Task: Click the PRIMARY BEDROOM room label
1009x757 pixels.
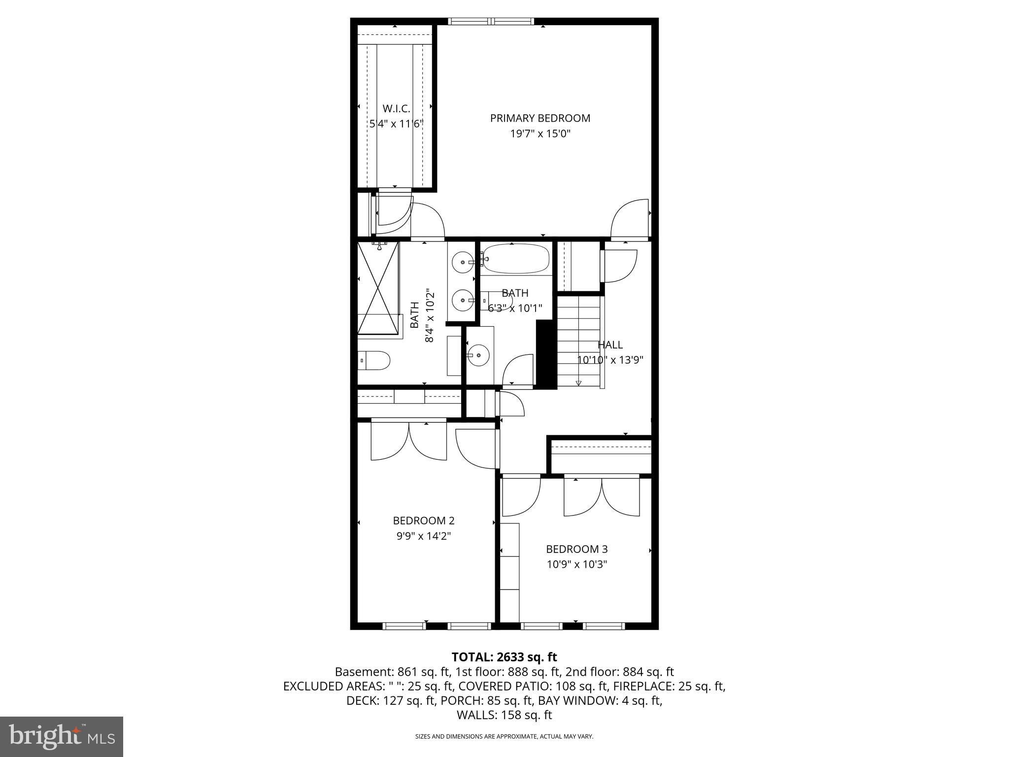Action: click(540, 118)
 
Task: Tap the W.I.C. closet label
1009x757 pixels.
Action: click(396, 108)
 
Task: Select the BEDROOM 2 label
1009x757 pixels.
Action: click(424, 520)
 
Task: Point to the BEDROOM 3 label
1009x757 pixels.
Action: click(576, 549)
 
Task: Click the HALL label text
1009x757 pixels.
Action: click(610, 345)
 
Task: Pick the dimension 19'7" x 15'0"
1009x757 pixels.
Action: click(540, 134)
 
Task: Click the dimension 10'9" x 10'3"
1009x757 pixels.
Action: click(576, 564)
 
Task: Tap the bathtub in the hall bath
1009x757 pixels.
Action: click(515, 259)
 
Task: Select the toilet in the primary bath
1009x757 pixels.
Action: click(374, 360)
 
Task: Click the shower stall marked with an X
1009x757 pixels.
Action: click(377, 288)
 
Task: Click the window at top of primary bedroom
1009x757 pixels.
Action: click(491, 21)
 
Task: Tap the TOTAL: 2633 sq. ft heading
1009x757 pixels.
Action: click(504, 657)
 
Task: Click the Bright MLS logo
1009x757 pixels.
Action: click(62, 736)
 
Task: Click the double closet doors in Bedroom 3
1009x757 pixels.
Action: click(602, 497)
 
